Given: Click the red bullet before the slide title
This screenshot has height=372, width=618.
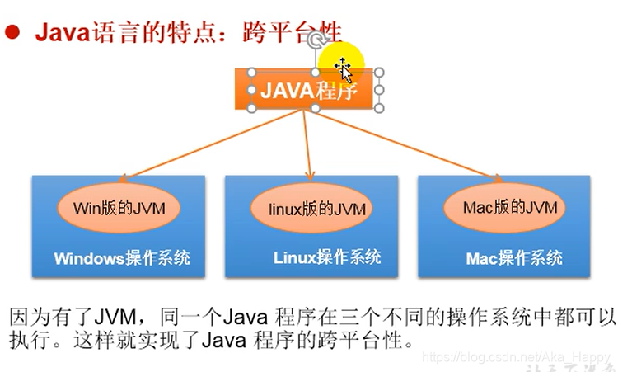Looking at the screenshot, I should [x=12, y=34].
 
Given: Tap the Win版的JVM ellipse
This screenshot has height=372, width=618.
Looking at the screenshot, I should [x=120, y=208].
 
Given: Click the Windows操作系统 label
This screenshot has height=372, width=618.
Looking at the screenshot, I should [x=122, y=258].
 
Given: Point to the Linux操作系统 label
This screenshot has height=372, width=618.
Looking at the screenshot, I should [x=327, y=257].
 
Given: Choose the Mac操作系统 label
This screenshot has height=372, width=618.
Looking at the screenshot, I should [x=514, y=258].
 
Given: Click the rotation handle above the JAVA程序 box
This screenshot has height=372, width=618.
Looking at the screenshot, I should [x=313, y=39].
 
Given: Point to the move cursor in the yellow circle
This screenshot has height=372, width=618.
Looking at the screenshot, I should [x=341, y=65].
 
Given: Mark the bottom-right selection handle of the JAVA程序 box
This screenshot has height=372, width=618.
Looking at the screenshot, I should [x=379, y=108].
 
